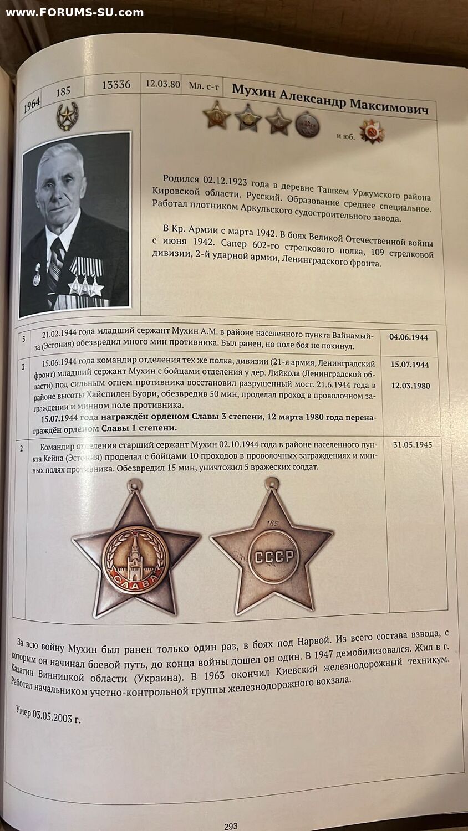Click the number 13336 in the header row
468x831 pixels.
[x=116, y=85]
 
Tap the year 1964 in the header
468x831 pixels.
[x=32, y=104]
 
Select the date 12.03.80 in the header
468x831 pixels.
[x=162, y=84]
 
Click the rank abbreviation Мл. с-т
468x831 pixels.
[x=204, y=85]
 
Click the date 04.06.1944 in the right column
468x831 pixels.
[x=408, y=337]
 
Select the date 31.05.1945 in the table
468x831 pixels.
[x=411, y=444]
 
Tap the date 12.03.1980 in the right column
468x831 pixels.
[x=410, y=386]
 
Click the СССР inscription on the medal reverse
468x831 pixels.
[x=273, y=556]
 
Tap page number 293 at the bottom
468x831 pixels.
[x=231, y=826]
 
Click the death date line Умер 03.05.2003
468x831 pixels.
[x=48, y=715]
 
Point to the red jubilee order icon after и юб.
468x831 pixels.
[x=371, y=131]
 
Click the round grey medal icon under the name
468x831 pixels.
[x=307, y=125]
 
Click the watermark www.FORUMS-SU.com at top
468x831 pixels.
[x=74, y=12]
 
